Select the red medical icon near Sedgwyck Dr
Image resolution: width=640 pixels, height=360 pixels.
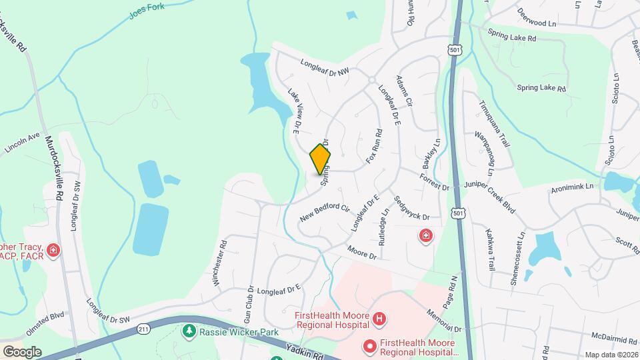(x=425, y=235)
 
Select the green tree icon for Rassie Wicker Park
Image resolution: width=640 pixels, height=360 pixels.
(x=190, y=331)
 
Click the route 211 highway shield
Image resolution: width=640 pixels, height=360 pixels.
(x=143, y=329)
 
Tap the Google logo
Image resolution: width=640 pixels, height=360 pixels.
(x=22, y=351)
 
